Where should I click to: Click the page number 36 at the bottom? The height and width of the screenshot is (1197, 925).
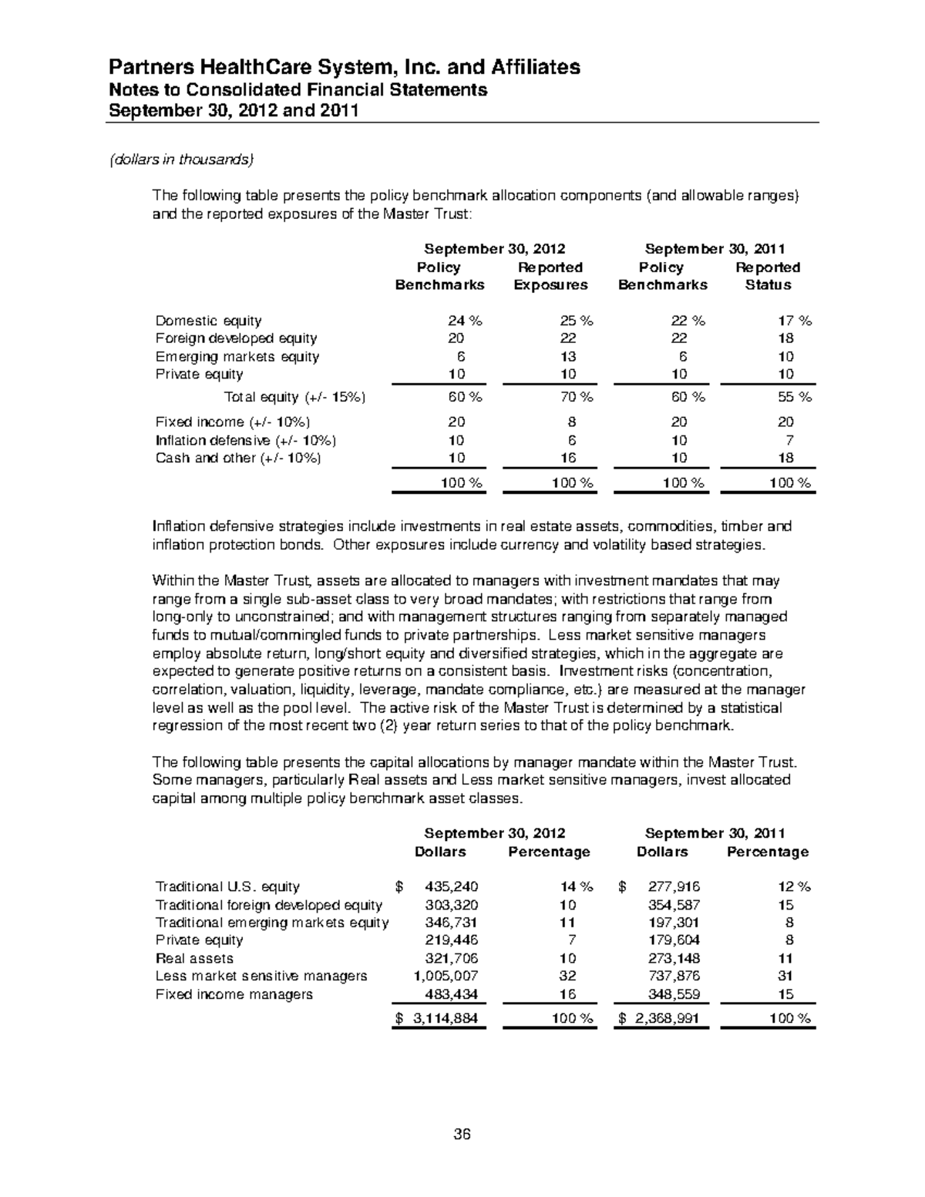462,1134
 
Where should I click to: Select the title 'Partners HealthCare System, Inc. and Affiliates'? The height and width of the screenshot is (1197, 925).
344,67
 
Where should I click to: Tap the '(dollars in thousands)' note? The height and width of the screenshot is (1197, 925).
181,160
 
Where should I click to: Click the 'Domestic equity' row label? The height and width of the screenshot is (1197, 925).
208,321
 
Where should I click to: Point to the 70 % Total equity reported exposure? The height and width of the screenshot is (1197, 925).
575,398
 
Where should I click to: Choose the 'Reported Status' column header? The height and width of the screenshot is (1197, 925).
768,276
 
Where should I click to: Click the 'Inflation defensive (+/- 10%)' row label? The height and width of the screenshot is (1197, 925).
246,440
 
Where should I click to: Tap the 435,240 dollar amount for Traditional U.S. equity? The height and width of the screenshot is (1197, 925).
452,886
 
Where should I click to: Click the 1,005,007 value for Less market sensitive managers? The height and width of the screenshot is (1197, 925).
446,976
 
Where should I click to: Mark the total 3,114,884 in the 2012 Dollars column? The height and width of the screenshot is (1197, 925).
446,1018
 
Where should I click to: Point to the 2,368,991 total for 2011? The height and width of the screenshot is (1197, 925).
668,1018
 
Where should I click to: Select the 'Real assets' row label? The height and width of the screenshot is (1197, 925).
194,958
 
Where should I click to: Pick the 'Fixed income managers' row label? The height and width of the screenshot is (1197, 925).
234,994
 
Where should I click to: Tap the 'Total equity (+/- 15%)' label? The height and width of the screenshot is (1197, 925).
294,398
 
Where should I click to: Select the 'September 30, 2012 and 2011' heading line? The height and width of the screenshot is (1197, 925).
234,110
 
